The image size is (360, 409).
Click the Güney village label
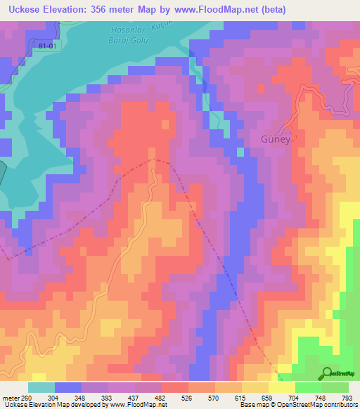[275, 138]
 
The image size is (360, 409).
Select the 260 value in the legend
[26, 398]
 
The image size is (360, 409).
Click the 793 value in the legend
[347, 398]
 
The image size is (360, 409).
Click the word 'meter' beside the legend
[10, 398]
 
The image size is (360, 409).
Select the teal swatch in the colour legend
[41, 387]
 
